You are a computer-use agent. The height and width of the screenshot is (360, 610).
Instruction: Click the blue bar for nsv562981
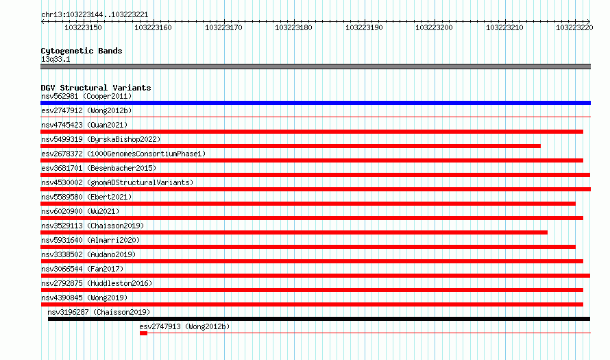click(315, 103)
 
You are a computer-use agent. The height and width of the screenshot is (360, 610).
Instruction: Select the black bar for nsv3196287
click(319, 319)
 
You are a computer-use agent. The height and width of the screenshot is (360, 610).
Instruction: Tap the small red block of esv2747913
click(143, 333)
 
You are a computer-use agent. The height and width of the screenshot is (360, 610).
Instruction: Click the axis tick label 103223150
click(83, 27)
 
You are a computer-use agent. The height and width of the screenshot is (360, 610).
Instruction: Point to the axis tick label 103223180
click(293, 27)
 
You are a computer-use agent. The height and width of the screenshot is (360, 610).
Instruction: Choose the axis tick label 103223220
click(574, 27)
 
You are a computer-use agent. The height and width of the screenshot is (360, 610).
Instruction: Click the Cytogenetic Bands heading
click(82, 51)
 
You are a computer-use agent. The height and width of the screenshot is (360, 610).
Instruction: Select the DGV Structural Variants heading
click(96, 88)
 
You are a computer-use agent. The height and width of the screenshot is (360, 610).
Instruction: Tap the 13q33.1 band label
click(56, 59)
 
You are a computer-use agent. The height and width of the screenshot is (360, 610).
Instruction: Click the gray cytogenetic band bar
click(315, 67)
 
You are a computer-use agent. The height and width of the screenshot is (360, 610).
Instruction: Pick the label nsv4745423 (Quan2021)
click(84, 125)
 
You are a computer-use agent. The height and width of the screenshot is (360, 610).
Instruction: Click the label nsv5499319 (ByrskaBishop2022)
click(101, 139)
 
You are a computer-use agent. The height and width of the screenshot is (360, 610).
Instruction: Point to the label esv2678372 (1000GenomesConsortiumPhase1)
click(123, 154)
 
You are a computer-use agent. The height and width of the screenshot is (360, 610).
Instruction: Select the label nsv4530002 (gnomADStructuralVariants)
click(117, 182)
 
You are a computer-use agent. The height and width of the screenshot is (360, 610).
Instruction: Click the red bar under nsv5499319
click(291, 146)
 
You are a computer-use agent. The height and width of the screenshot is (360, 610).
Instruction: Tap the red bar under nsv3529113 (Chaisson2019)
click(294, 232)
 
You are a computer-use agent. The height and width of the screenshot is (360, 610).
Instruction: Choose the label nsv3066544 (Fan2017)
click(82, 269)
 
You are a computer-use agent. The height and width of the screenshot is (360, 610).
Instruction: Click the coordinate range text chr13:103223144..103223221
click(95, 15)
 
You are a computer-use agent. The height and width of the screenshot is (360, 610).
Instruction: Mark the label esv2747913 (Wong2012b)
click(185, 326)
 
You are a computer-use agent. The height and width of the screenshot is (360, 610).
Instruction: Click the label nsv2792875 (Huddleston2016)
click(97, 283)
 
